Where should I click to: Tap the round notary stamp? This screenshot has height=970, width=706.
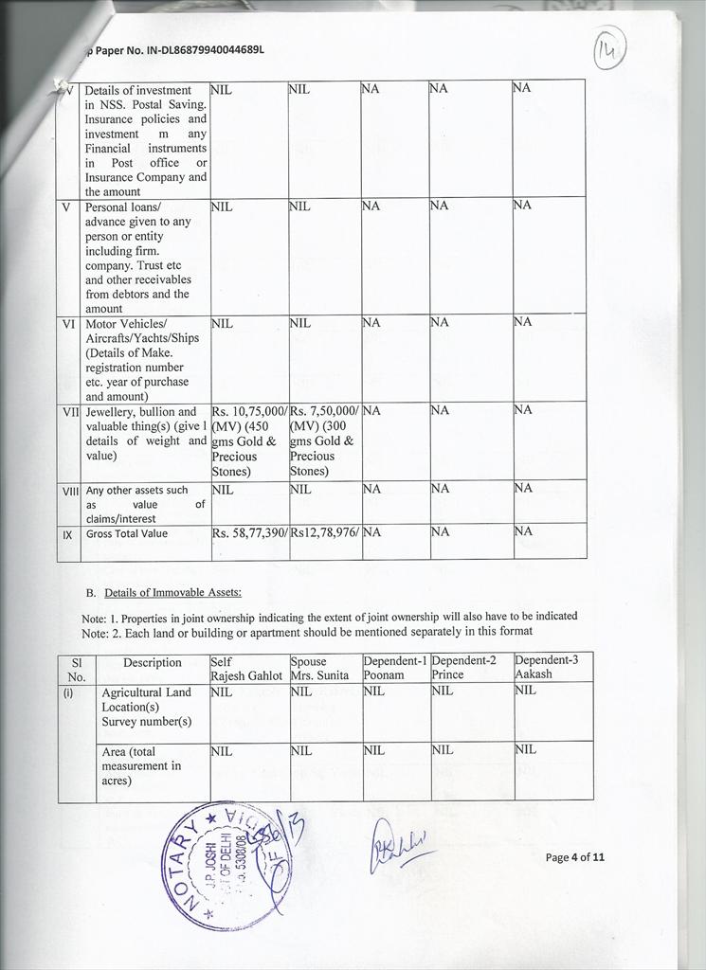pos(221,864)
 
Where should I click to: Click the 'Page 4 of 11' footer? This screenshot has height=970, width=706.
pos(575,857)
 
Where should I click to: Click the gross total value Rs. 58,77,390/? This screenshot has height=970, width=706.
pos(249,533)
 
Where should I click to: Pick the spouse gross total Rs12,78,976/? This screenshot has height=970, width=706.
pos(325,533)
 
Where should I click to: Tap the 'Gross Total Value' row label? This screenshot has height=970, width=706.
pos(127,533)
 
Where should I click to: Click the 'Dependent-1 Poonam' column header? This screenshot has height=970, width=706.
pos(396,667)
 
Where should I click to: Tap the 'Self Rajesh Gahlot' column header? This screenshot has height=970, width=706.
pos(247,667)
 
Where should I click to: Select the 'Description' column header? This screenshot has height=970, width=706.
pos(153,662)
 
